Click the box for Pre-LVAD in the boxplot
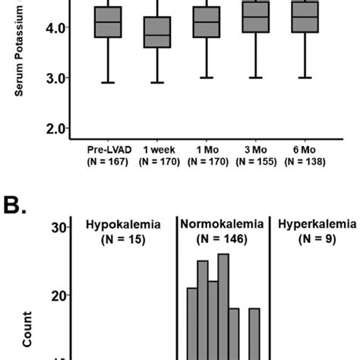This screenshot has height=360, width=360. coord(107,21)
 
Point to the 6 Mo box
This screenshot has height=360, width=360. coord(305,17)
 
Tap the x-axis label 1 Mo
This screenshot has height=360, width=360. coord(207,150)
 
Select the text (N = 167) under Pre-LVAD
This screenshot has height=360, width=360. coord(107,161)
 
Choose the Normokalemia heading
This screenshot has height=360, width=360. coord(223,225)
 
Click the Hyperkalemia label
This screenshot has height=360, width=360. coord(316,225)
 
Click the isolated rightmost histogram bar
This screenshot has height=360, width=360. coord(254,334)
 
